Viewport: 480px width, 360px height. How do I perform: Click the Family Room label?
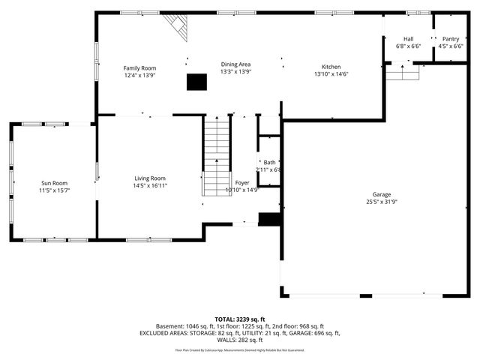(139, 68)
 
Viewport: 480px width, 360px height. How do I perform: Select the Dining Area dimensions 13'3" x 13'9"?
(235, 73)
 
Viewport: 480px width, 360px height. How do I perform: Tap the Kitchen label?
(331, 65)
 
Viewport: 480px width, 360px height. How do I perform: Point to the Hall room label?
(408, 39)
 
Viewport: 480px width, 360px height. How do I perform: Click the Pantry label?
(450, 39)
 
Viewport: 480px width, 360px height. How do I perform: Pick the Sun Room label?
(54, 183)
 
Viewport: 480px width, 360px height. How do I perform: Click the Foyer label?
(242, 182)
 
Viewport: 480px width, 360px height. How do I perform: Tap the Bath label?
(268, 162)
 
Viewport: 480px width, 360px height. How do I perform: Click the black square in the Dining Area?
(196, 81)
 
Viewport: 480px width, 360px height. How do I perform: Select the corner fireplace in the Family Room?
(178, 26)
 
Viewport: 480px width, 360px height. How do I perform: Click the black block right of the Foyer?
(268, 219)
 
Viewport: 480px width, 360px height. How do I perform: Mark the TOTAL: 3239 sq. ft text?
(239, 319)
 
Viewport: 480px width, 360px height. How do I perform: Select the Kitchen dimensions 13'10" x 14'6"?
(331, 73)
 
